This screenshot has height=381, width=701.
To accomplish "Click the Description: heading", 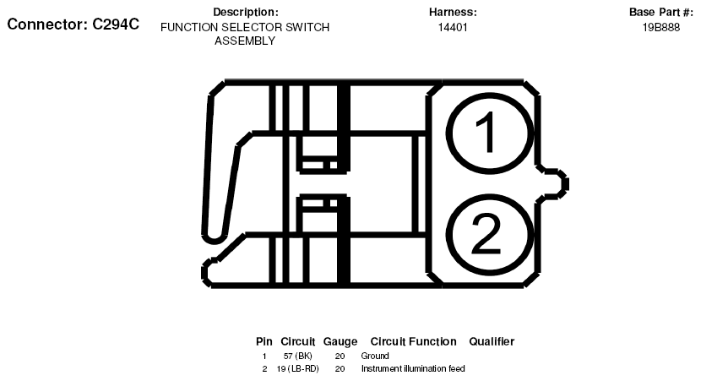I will (245, 12).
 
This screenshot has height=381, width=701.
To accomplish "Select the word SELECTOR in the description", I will (252, 27).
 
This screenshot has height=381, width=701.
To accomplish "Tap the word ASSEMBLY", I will (245, 41).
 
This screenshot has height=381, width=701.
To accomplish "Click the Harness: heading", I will (453, 12).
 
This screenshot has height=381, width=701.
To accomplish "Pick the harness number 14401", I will (453, 27).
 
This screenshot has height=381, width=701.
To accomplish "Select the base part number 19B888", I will (660, 27).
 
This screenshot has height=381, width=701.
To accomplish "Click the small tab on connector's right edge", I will (553, 182).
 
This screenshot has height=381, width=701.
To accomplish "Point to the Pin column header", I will (264, 341).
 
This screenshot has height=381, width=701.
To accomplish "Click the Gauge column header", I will (340, 341).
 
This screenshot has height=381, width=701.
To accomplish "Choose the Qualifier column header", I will (492, 341).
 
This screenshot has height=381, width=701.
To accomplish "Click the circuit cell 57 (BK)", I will (297, 356).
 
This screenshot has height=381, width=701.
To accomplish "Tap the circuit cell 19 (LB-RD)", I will (297, 368).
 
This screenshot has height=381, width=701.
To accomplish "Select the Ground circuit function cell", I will (375, 356).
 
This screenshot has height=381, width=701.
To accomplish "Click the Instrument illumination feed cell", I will (413, 368).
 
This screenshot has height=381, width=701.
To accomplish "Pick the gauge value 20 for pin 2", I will (340, 368).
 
